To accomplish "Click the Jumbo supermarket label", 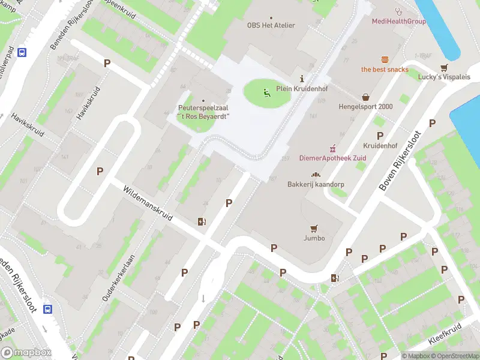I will pyautogui.click(x=314, y=238).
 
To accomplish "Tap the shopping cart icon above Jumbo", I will pyautogui.click(x=313, y=228).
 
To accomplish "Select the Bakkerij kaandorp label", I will pyautogui.click(x=316, y=184).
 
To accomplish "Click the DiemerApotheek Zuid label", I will pyautogui.click(x=333, y=158).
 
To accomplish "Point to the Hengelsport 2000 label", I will pyautogui.click(x=365, y=107).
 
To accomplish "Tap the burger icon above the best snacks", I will pyautogui.click(x=385, y=59).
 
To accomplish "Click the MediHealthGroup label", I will pyautogui.click(x=398, y=22).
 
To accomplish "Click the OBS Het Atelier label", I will pyautogui.click(x=271, y=26).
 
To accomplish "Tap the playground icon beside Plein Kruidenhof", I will pyautogui.click(x=266, y=92).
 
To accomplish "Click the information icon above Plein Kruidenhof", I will pyautogui.click(x=302, y=79).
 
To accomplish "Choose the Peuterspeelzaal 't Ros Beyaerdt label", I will pyautogui.click(x=203, y=112).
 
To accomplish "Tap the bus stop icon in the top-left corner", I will pyautogui.click(x=22, y=52).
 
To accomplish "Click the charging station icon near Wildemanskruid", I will pyautogui.click(x=202, y=221).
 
